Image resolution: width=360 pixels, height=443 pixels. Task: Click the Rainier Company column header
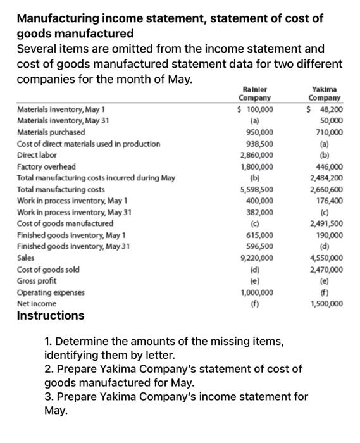point(254,94)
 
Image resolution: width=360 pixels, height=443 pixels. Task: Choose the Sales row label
point(26,258)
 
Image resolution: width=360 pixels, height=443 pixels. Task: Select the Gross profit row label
point(36,280)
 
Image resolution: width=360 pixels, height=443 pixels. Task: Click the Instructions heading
point(50,315)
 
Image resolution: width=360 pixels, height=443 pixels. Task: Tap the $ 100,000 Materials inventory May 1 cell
point(256,109)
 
